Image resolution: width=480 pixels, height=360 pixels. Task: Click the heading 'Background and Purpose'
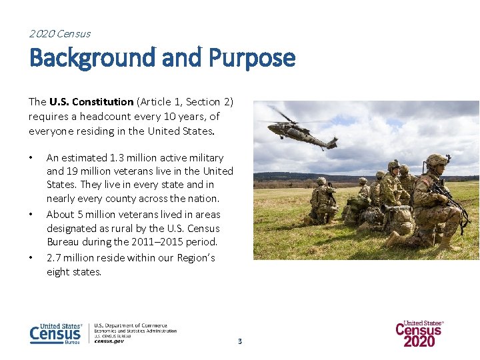162,59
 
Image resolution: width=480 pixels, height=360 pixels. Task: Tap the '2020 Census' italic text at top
60,33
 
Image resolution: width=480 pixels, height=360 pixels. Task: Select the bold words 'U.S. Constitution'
91,102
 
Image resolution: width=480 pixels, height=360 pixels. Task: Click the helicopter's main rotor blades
284,116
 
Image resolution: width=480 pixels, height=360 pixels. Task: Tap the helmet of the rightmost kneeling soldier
437,161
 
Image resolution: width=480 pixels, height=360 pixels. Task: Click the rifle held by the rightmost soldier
449,197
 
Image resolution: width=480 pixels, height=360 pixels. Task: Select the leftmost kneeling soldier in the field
323,200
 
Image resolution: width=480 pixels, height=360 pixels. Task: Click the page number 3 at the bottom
240,341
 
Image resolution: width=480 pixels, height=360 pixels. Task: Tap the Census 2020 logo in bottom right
419,333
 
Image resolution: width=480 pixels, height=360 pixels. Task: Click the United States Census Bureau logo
56,333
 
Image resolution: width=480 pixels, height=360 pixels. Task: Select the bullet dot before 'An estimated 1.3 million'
31,158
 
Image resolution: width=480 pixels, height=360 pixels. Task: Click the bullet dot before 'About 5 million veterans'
31,215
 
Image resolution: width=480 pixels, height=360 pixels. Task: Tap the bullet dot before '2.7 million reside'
31,258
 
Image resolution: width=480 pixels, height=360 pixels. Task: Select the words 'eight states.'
74,272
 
